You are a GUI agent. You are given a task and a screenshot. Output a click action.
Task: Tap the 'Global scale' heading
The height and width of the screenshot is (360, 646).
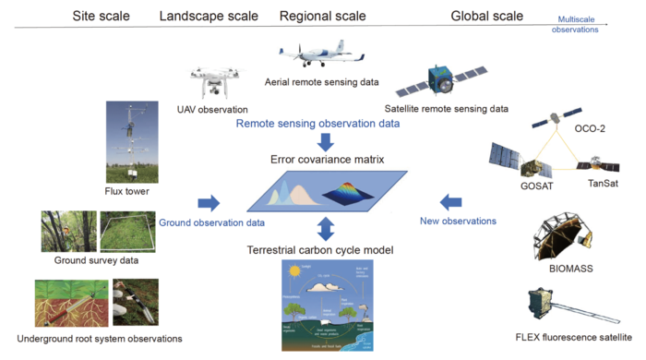click(486, 16)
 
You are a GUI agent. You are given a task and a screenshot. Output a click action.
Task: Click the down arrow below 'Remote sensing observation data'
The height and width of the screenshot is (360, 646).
click(326, 141)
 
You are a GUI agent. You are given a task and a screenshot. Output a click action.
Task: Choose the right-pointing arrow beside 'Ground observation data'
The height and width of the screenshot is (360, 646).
click(209, 202)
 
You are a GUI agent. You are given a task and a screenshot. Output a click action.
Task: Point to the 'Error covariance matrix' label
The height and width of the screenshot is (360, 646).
click(327, 160)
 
